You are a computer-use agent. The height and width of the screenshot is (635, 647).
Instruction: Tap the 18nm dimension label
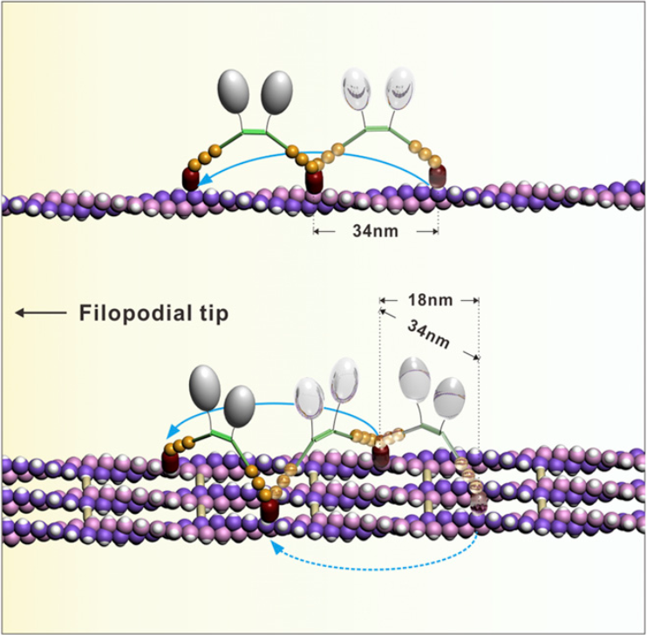pos(428,301)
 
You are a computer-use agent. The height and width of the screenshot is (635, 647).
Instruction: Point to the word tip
pos(210,312)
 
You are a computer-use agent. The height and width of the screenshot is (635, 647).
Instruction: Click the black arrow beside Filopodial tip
pos(39,312)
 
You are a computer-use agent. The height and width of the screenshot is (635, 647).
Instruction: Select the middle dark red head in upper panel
pos(316,181)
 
